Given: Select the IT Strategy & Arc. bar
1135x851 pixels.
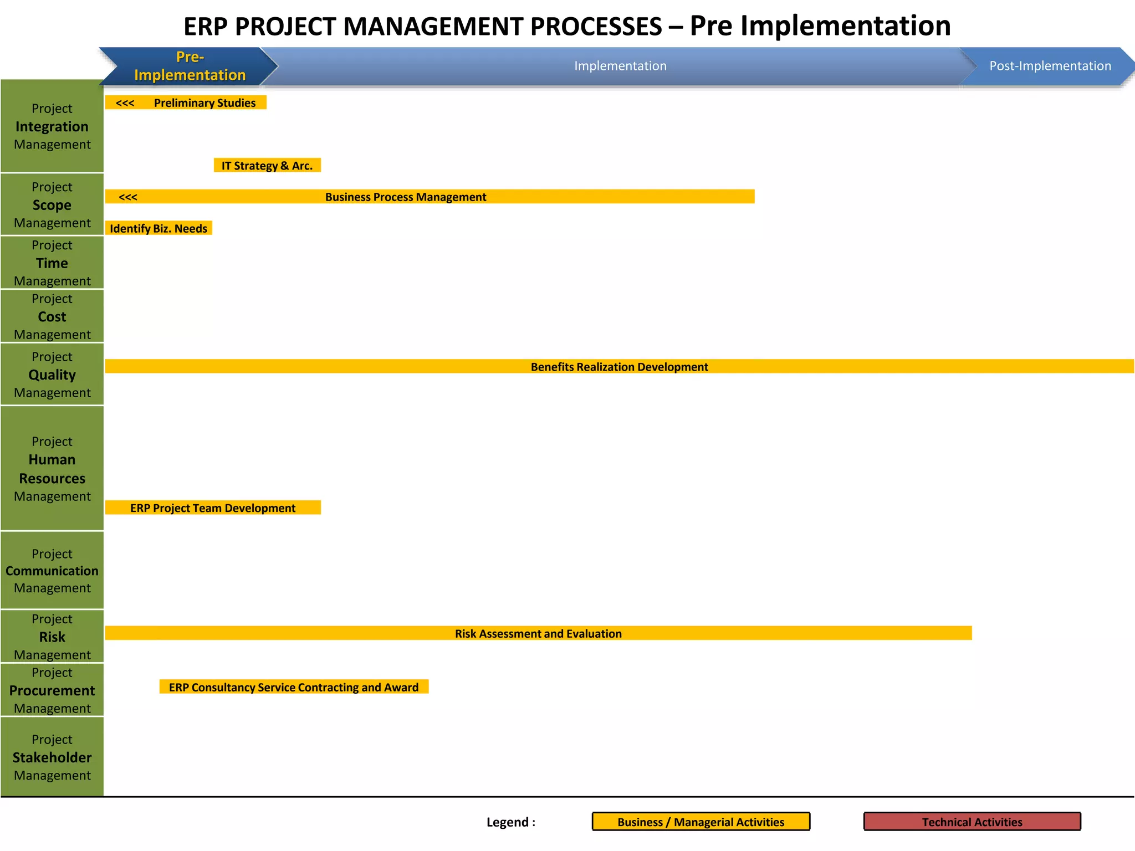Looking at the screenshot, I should [x=267, y=165].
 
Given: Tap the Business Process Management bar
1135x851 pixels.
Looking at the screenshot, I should [x=430, y=197].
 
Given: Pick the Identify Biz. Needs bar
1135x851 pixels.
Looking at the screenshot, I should [x=159, y=228].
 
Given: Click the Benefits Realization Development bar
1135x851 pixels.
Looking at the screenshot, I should [x=619, y=366].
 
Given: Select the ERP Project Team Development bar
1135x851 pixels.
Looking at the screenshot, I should [x=213, y=507].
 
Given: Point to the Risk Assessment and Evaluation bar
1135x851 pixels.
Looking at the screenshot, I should [x=538, y=633].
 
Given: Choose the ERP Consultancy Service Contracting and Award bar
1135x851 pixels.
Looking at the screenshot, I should [x=294, y=687].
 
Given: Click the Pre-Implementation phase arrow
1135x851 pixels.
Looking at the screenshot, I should [x=190, y=66].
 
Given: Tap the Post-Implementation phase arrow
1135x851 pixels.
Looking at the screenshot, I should [x=1050, y=66].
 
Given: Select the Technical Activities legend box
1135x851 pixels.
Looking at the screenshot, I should [x=972, y=822].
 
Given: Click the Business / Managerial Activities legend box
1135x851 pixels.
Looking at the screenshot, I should [x=701, y=822].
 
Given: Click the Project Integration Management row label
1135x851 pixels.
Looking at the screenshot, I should [x=52, y=126].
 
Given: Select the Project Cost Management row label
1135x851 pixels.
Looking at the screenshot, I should [x=52, y=316].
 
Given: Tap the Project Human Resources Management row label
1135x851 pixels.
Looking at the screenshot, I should [x=52, y=469].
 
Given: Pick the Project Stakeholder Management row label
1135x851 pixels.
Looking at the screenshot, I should [x=52, y=757].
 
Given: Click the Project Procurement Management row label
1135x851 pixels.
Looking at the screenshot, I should [x=52, y=690].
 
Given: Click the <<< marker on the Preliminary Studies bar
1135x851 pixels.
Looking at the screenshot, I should [x=125, y=103].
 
